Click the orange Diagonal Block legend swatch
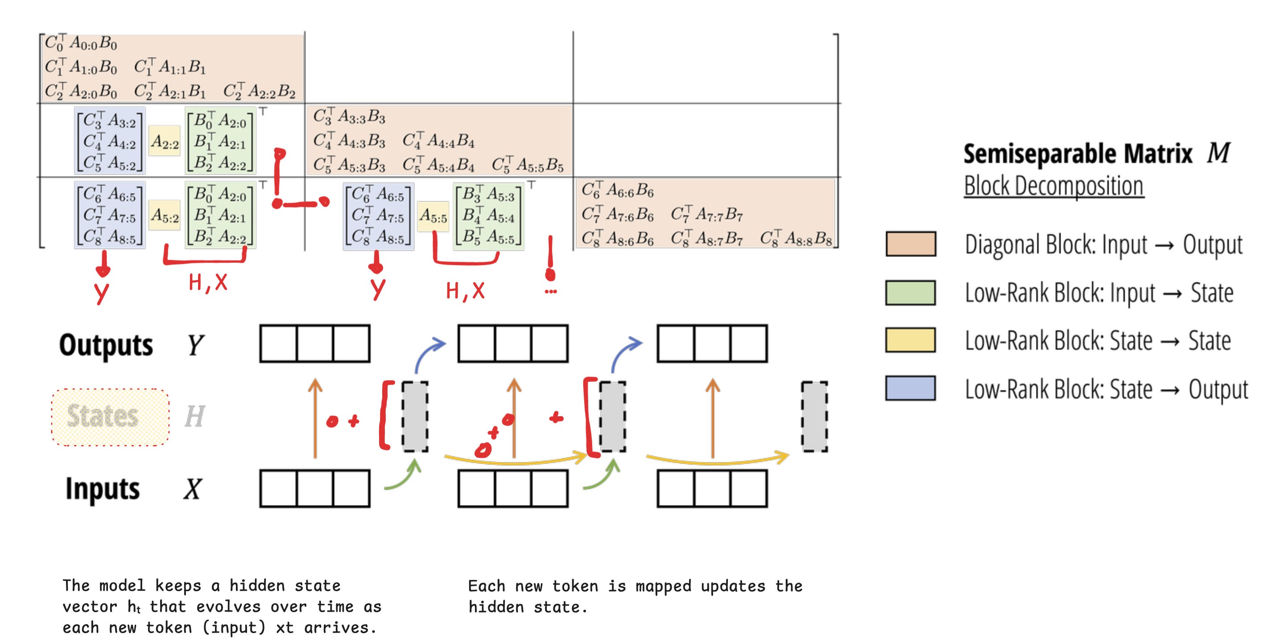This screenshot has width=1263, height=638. [x=911, y=244]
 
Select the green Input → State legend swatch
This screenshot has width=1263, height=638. [x=911, y=292]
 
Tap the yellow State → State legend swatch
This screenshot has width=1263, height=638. [x=911, y=340]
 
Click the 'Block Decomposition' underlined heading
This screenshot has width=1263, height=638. [x=1054, y=186]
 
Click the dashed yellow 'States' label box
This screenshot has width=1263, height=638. [x=110, y=417]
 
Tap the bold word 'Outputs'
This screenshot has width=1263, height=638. [x=106, y=344]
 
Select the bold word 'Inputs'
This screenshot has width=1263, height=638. [x=103, y=489]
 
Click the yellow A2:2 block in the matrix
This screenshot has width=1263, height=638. [x=165, y=142]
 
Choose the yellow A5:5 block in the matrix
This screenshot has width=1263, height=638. [x=433, y=216]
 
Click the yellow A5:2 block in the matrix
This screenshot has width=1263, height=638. [x=165, y=215]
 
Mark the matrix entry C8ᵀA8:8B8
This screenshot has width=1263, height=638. [x=796, y=238]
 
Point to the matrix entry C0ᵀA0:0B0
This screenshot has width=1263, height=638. [x=81, y=43]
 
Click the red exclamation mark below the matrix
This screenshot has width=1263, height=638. [x=551, y=260]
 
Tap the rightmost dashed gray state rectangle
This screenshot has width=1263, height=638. [x=814, y=417]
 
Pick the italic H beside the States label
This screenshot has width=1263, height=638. [x=194, y=417]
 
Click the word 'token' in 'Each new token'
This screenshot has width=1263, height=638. [x=574, y=586]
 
